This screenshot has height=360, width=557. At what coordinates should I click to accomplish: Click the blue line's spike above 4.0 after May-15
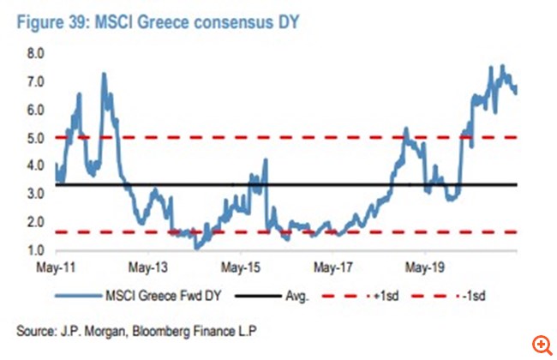266,160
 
